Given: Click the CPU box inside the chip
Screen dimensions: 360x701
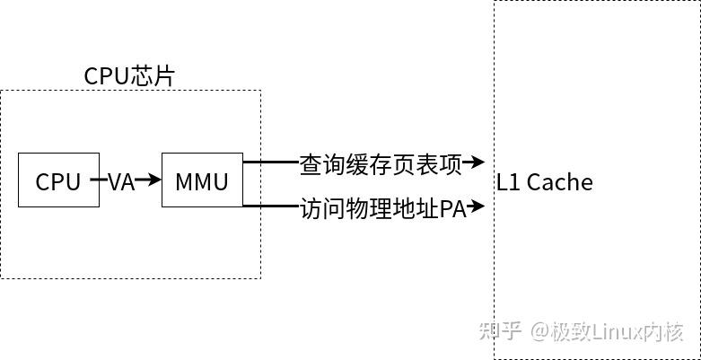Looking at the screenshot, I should pyautogui.click(x=58, y=180).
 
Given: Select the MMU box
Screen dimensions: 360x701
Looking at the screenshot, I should pyautogui.click(x=202, y=180).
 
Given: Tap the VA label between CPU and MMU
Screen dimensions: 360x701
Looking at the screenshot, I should pyautogui.click(x=121, y=182).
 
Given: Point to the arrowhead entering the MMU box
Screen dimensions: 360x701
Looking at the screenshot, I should pyautogui.click(x=154, y=180).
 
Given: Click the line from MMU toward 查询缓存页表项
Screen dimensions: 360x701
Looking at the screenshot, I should pyautogui.click(x=270, y=162).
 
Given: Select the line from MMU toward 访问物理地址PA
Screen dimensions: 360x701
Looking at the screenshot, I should pyautogui.click(x=270, y=207).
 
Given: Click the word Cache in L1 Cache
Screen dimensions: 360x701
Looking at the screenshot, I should pyautogui.click(x=559, y=182).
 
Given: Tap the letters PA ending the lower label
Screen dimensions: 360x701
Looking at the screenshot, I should pyautogui.click(x=452, y=209).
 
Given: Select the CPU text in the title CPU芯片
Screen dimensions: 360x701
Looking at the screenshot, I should pyautogui.click(x=107, y=76).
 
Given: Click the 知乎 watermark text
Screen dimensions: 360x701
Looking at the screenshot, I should pyautogui.click(x=501, y=331).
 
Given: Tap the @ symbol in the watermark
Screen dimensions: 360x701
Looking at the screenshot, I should pyautogui.click(x=539, y=331).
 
